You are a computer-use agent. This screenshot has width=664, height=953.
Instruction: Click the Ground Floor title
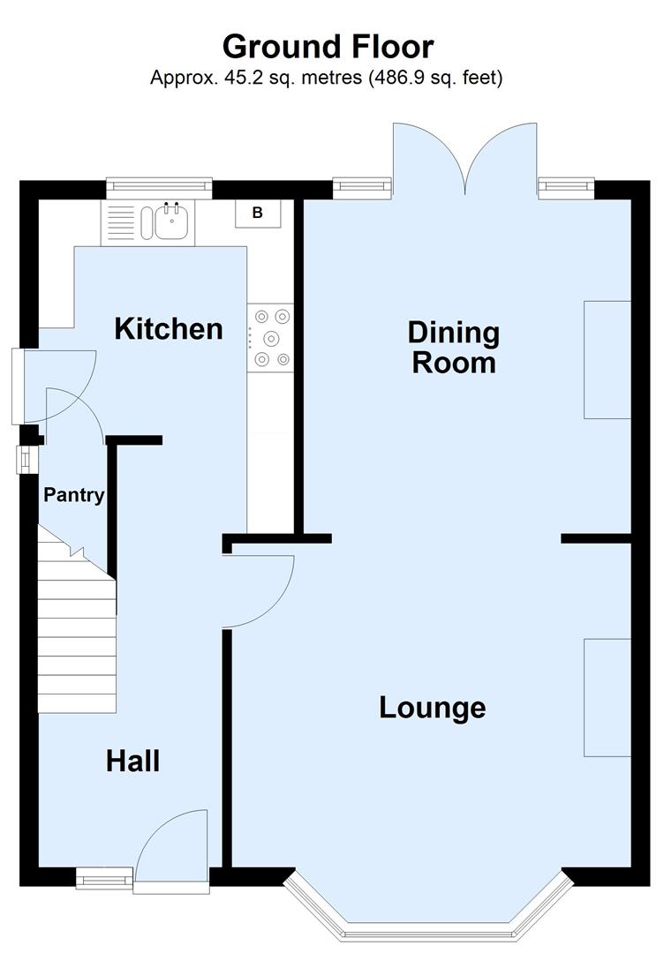[x=328, y=46]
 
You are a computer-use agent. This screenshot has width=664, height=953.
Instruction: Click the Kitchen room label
[x=169, y=329]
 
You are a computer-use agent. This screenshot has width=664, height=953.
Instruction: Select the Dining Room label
[x=453, y=348]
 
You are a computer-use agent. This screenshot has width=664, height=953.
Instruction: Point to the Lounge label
[x=432, y=707]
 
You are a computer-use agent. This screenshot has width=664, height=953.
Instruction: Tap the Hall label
[x=132, y=760]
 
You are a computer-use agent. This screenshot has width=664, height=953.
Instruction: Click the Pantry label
[x=74, y=495]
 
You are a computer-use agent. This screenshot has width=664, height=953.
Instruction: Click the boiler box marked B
[x=258, y=213]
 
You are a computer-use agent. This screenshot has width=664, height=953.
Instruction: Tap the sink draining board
[x=120, y=221]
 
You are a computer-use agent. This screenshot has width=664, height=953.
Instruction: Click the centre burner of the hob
[x=271, y=337]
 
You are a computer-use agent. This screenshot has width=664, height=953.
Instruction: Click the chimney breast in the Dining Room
[x=607, y=358]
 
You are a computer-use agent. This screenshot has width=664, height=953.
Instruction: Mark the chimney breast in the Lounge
[x=607, y=697]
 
